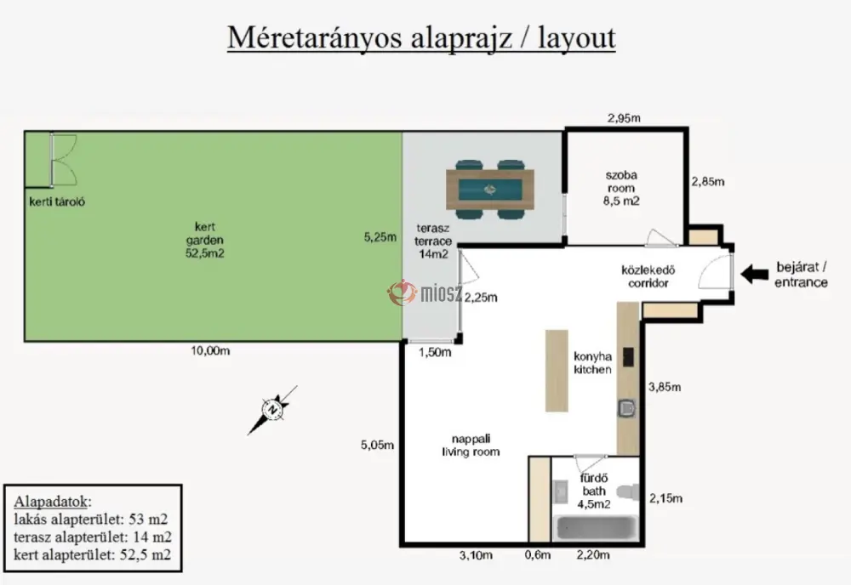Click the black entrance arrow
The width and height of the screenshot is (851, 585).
coord(754,274)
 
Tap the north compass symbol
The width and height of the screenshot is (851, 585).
coord(272,410)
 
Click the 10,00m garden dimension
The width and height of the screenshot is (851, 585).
coord(210,351)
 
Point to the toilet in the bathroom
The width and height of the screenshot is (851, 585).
coord(629,491)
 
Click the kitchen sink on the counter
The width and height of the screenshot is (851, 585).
coord(627,408)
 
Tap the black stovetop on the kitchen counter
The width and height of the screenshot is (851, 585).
coord(629,357)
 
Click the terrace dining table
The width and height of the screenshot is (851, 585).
coord(490,190)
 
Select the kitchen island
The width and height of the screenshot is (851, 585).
coord(557,370)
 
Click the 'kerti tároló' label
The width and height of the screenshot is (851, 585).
coord(57,202)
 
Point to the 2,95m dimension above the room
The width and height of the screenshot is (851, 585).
coord(624,118)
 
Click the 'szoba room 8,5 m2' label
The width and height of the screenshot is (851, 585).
coord(621,188)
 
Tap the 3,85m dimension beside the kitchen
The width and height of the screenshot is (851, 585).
coord(665,387)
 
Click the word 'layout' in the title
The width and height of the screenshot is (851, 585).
coord(577,38)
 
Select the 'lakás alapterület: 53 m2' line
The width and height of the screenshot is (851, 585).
coord(91,520)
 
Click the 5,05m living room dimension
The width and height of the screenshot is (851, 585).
coord(377,445)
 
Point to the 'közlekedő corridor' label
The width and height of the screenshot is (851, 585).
coord(648,276)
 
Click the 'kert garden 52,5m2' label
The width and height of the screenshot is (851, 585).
coord(204,240)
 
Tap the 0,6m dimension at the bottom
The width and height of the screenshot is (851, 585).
coord(538,555)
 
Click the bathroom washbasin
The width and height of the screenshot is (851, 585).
coord(560,491)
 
